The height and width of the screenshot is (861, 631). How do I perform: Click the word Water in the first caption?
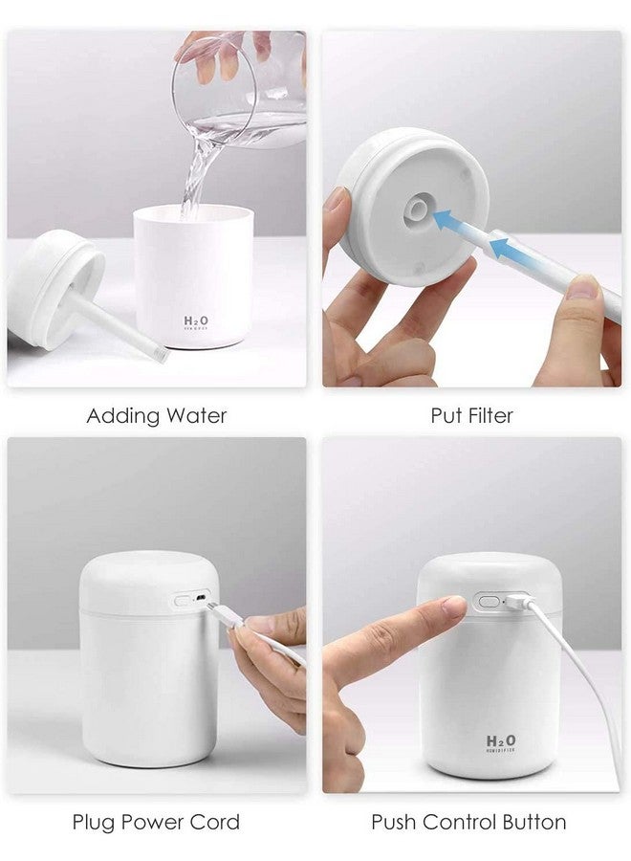click(196, 416)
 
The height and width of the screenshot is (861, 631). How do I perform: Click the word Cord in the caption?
click(216, 822)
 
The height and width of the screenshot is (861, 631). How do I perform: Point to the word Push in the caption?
click(393, 822)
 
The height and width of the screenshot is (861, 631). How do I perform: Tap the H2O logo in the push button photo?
click(501, 741)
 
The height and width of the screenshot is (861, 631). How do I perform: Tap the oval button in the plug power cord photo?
click(183, 602)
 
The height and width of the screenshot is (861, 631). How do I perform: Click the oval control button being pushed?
click(489, 603)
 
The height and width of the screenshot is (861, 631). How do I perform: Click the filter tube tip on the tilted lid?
click(161, 355)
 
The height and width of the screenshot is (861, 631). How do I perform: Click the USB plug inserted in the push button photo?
click(515, 603)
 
